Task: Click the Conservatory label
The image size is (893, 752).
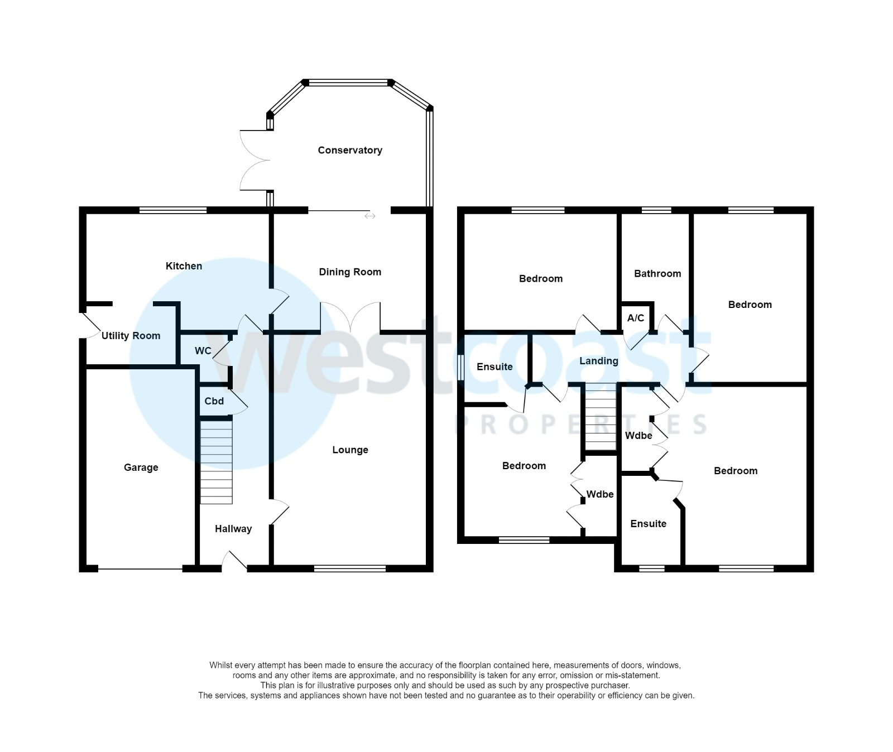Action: pos(350,150)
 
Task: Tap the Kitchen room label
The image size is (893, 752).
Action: pos(184,266)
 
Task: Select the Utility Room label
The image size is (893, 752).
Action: pos(131,336)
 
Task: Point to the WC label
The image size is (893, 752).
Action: pos(203,351)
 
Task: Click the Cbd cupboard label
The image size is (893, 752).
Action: pos(214,401)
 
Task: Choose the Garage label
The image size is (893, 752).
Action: pos(141,467)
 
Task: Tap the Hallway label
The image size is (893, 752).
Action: pos(233,529)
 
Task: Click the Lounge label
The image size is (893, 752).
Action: pos(350,450)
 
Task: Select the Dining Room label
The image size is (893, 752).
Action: pos(350,272)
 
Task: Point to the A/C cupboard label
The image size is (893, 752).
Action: pos(636,318)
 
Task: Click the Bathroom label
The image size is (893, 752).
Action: pos(657,274)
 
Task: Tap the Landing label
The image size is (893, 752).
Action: pos(598,361)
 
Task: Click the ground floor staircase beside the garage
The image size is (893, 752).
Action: pos(217,462)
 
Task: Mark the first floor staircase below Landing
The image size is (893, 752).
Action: pos(601,417)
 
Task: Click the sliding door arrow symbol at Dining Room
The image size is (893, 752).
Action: pos(369,216)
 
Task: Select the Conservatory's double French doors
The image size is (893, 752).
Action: pos(254,161)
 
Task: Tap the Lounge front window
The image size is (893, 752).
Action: pos(350,568)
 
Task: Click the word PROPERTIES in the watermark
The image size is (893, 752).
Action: pos(580,425)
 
